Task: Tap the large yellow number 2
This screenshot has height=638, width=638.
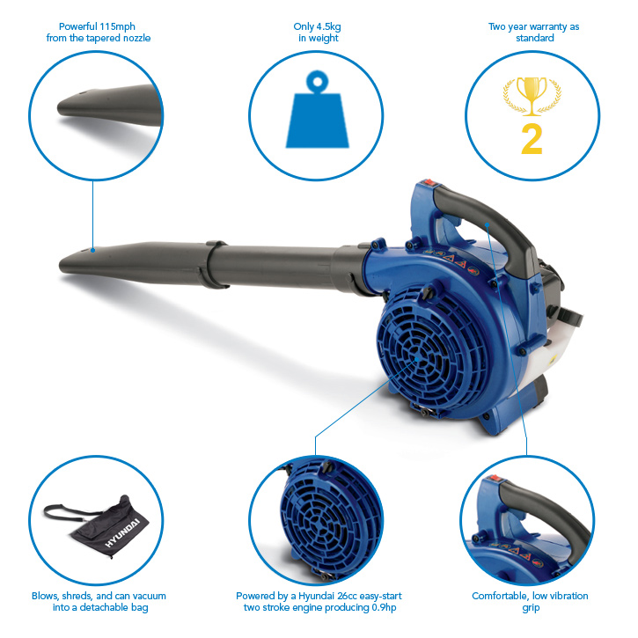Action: click(x=532, y=139)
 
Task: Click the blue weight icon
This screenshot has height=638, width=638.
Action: click(x=318, y=109)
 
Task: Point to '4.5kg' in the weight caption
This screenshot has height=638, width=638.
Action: click(x=328, y=27)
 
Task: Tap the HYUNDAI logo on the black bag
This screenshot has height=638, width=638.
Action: click(x=122, y=532)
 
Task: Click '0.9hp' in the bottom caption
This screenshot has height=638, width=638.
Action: click(x=384, y=608)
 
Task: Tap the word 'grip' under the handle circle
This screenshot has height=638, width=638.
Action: click(x=531, y=608)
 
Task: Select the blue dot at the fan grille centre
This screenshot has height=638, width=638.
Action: click(x=417, y=359)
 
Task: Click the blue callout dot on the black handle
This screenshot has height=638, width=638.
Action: click(x=487, y=224)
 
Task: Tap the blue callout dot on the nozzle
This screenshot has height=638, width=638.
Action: click(x=92, y=250)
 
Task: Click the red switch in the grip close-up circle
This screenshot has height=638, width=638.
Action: click(x=495, y=478)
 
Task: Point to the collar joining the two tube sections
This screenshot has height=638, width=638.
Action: click(x=214, y=265)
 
